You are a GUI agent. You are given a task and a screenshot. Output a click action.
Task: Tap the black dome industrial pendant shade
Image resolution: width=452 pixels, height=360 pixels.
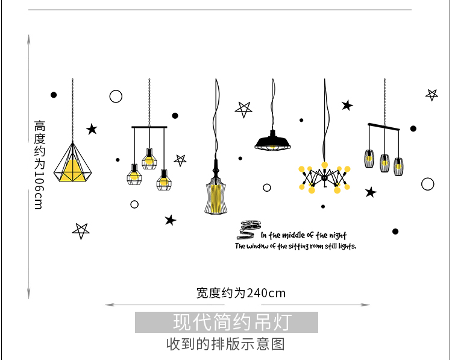pyautogui.click(x=272, y=142)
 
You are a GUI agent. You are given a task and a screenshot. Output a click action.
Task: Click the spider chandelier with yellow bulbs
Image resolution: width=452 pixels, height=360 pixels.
pyautogui.click(x=324, y=177)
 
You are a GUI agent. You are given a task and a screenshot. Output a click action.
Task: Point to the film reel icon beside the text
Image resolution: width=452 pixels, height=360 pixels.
pyautogui.click(x=246, y=228)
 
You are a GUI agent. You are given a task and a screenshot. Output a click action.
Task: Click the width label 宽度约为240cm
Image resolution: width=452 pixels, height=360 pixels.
pyautogui.click(x=241, y=294)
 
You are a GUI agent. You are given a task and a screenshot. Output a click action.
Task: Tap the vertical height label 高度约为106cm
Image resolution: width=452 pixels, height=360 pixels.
pyautogui.click(x=39, y=164)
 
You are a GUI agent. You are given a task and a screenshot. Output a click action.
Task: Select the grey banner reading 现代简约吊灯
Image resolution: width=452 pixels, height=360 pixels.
pyautogui.click(x=226, y=322)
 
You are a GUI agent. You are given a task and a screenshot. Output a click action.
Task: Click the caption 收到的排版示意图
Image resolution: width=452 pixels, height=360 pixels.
pyautogui.click(x=225, y=344)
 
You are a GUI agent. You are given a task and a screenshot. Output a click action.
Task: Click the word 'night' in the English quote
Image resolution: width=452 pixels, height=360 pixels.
pyautogui.click(x=337, y=236)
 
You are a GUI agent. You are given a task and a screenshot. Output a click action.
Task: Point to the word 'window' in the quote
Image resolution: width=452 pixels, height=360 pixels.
pyautogui.click(x=257, y=247)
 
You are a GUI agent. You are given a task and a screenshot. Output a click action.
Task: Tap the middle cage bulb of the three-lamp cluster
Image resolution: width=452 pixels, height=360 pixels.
pyautogui.click(x=149, y=158)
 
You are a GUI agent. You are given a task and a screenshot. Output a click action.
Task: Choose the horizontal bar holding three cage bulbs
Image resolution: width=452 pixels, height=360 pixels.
pyautogui.click(x=149, y=127)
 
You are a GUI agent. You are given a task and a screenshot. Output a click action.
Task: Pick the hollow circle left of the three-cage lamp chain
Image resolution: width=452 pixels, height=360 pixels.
pyautogui.click(x=116, y=96)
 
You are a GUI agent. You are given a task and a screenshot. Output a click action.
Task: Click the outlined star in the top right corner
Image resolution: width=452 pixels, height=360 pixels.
pyautogui.click(x=432, y=94)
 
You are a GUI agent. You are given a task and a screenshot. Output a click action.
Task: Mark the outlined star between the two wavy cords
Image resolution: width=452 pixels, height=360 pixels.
pyautogui.click(x=243, y=109)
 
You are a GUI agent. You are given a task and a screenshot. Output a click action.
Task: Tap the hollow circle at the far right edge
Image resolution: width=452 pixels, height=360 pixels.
pyautogui.click(x=428, y=184)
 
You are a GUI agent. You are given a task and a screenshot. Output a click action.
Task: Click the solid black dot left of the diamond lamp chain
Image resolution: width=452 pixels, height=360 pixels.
pyautogui.click(x=54, y=95)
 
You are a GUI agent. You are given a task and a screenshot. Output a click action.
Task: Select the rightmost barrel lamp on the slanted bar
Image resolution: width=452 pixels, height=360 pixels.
pyautogui.click(x=398, y=166)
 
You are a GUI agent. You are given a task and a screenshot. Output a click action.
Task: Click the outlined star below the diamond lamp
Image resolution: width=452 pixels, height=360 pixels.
pyautogui.click(x=81, y=230)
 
